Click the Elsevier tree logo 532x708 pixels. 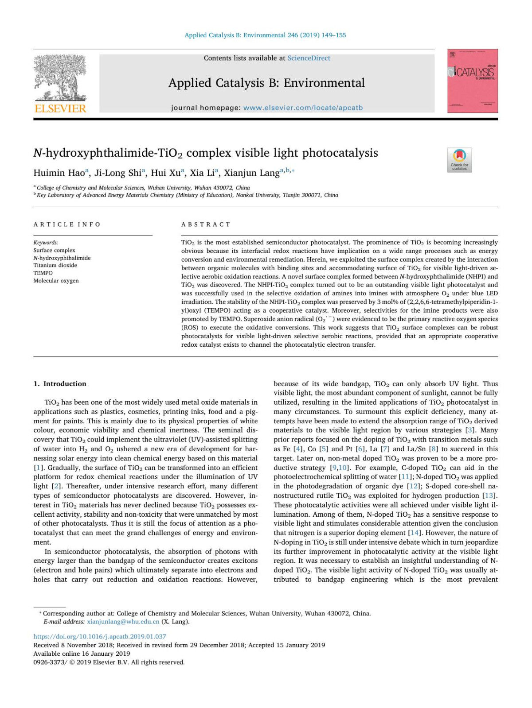(x=60, y=79)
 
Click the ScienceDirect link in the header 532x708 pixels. (x=309, y=58)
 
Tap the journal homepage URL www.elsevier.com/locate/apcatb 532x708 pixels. (x=303, y=108)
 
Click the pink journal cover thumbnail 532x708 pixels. (x=472, y=81)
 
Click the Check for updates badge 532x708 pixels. (x=459, y=160)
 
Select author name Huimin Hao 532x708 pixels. (x=59, y=173)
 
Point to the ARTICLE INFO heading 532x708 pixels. (x=67, y=224)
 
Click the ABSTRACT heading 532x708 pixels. (x=206, y=224)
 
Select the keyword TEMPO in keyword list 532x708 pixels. (x=43, y=273)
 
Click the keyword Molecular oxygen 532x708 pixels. (x=56, y=281)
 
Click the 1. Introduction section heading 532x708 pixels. (x=60, y=383)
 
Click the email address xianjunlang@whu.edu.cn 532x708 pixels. (x=123, y=621)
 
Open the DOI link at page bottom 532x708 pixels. (x=100, y=636)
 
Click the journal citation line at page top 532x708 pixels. (x=265, y=35)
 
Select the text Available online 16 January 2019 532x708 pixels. (x=82, y=654)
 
